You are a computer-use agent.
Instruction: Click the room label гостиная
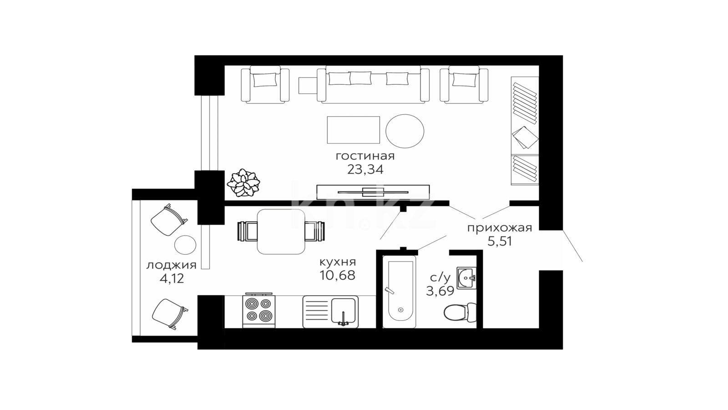click(365, 156)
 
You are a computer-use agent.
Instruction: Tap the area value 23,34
click(365, 169)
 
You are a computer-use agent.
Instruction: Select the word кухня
click(338, 262)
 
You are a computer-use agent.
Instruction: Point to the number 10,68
click(337, 275)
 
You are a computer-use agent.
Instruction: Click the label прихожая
click(500, 228)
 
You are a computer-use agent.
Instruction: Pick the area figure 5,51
click(500, 241)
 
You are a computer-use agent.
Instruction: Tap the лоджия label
click(171, 266)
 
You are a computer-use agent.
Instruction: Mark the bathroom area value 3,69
click(440, 291)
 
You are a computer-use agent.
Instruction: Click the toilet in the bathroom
click(460, 313)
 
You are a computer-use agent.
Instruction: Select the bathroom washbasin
click(466, 278)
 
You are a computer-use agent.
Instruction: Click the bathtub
click(399, 292)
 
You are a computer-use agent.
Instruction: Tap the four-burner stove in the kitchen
click(259, 311)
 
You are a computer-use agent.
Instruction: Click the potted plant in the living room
click(243, 183)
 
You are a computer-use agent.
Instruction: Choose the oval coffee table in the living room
click(404, 131)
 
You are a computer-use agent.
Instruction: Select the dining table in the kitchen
click(281, 231)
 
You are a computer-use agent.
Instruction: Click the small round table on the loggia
click(185, 245)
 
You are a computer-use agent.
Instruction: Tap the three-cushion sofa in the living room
click(373, 85)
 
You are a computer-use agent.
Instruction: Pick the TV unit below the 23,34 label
click(373, 192)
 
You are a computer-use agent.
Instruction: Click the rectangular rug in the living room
click(353, 130)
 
